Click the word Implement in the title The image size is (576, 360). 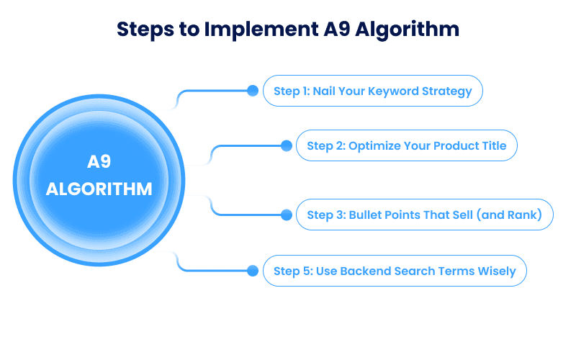coord(261,30)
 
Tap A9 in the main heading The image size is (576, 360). coord(336,29)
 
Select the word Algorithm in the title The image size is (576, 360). coord(407,30)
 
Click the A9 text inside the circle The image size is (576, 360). coord(99,161)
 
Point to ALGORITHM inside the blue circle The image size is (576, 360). coord(99,189)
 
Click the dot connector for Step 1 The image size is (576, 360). coord(253,91)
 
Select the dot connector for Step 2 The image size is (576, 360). coord(286,145)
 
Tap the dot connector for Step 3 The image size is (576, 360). coord(286,215)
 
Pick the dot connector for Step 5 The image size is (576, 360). coord(253,271)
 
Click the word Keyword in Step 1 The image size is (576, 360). coord(393,91)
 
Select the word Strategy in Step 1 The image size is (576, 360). coord(446,91)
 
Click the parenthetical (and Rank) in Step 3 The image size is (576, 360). coord(509,215)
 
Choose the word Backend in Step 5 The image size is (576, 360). coord(366,271)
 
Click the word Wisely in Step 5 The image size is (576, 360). coord(497,271)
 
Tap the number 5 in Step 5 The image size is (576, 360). coord(307,271)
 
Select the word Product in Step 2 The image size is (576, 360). coord(456,145)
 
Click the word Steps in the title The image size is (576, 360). coord(145,30)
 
